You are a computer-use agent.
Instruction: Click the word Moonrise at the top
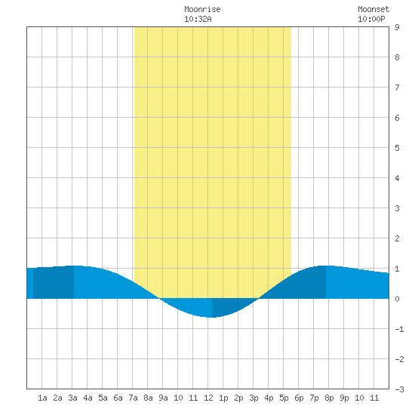(x=202, y=9)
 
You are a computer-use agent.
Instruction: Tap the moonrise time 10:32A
(x=198, y=19)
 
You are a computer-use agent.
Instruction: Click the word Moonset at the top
(x=373, y=9)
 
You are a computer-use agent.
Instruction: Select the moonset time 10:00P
(x=371, y=19)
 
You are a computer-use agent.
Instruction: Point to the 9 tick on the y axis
(x=397, y=27)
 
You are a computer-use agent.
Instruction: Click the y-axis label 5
(x=397, y=148)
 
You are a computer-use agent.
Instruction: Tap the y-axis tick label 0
(x=397, y=299)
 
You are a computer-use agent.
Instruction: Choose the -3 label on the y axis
(x=399, y=389)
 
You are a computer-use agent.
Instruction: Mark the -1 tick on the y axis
(x=399, y=329)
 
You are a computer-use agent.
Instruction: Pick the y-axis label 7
(x=397, y=88)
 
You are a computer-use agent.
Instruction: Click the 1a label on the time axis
(x=42, y=398)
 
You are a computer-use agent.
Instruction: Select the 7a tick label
(x=133, y=398)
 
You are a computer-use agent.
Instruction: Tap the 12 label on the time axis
(x=208, y=398)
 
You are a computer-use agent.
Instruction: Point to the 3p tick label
(x=254, y=398)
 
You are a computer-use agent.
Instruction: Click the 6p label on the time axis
(x=299, y=398)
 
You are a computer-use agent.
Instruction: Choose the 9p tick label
(x=344, y=398)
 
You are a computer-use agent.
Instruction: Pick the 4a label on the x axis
(x=88, y=398)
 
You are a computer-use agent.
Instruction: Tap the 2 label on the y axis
(x=397, y=238)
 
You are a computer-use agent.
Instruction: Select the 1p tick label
(x=223, y=398)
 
